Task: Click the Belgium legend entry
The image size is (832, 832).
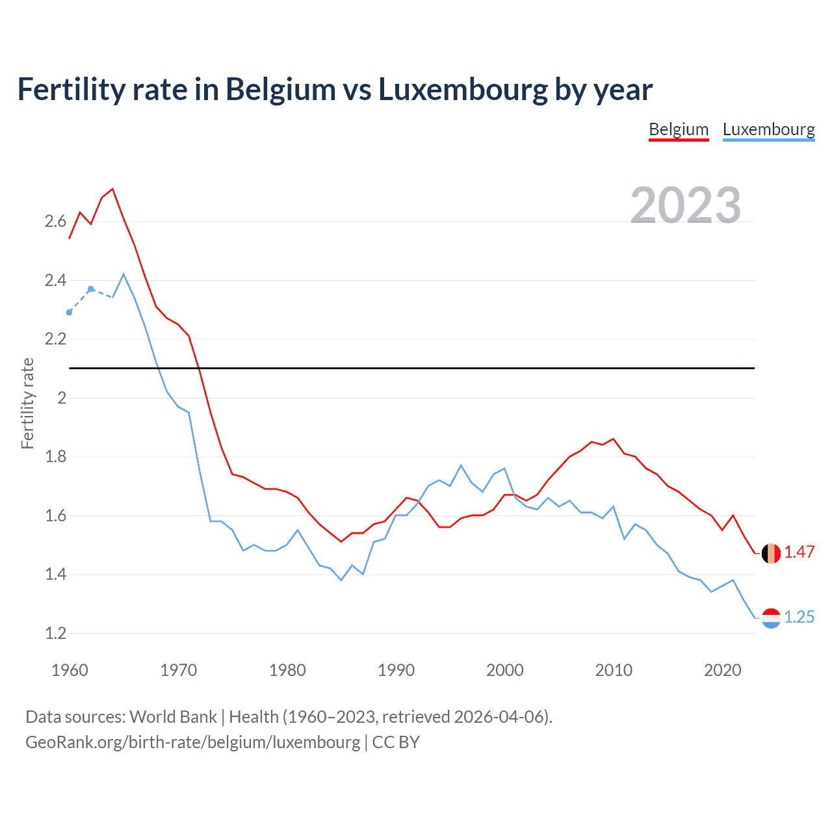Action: (x=679, y=129)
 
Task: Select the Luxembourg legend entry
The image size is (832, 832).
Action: (x=768, y=129)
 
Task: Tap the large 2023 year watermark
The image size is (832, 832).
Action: (x=686, y=205)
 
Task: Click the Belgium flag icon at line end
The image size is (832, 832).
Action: (x=771, y=553)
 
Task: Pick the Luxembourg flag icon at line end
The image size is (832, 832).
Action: (x=771, y=618)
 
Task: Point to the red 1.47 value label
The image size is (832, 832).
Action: (x=799, y=552)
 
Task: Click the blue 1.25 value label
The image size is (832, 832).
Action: (x=799, y=617)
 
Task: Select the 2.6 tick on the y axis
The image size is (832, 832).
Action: (x=55, y=222)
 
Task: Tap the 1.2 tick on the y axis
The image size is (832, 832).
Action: (x=55, y=634)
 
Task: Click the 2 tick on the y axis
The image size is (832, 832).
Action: (x=62, y=398)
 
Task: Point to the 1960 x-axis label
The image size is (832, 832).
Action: (x=70, y=670)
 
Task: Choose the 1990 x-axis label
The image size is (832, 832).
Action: (x=396, y=670)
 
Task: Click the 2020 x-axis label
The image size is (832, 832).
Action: (x=722, y=670)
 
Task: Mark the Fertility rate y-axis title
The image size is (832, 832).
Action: (x=27, y=403)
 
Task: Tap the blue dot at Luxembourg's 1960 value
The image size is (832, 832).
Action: (x=70, y=313)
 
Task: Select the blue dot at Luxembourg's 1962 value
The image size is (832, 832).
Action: (x=91, y=289)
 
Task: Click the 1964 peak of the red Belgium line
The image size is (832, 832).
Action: (x=112, y=189)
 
